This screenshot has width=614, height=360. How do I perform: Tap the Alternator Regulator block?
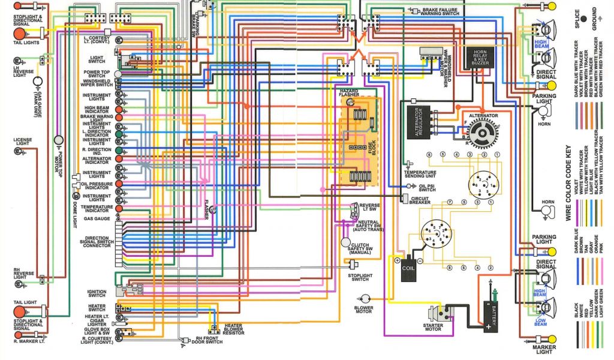(x=420, y=122)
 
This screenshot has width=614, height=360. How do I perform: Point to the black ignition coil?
(x=409, y=269)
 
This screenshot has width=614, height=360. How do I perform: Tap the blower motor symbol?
(x=365, y=298)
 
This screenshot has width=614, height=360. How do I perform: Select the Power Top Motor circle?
(x=59, y=140)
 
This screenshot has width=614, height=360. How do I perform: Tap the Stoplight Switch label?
(x=360, y=278)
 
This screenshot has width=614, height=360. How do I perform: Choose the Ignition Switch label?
(x=97, y=292)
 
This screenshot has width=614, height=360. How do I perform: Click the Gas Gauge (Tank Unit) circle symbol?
(x=37, y=80)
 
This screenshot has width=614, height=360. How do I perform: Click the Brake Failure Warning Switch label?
(x=444, y=11)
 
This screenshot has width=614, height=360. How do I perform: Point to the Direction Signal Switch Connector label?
(x=96, y=241)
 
